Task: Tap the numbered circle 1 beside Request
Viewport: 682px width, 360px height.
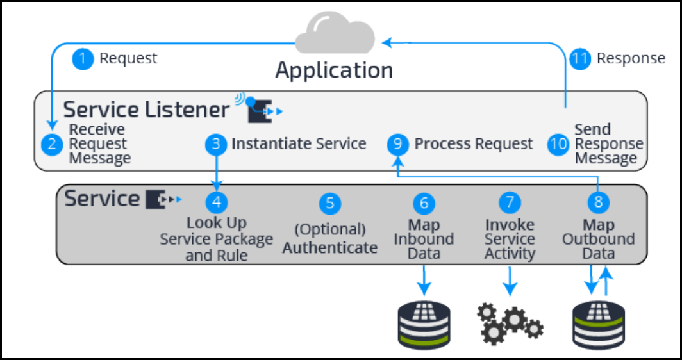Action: click(83, 59)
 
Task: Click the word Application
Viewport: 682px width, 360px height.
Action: click(334, 70)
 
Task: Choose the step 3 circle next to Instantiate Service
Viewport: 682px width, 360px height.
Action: click(216, 144)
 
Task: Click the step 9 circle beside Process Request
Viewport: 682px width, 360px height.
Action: click(398, 144)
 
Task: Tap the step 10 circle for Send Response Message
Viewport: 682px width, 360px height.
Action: click(558, 144)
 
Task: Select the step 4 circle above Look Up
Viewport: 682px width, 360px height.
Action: click(216, 202)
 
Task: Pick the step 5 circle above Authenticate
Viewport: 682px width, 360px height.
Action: click(330, 203)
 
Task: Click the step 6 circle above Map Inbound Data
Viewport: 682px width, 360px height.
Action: click(424, 203)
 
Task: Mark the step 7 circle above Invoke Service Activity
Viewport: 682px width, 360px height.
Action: click(510, 203)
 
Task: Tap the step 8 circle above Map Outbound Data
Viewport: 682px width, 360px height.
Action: click(598, 203)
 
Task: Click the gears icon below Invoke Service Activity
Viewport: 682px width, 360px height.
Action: click(510, 321)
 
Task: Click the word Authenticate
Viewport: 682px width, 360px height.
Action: click(330, 247)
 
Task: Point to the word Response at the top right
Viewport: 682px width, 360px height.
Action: click(631, 59)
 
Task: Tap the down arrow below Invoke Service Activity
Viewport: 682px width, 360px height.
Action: click(510, 281)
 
